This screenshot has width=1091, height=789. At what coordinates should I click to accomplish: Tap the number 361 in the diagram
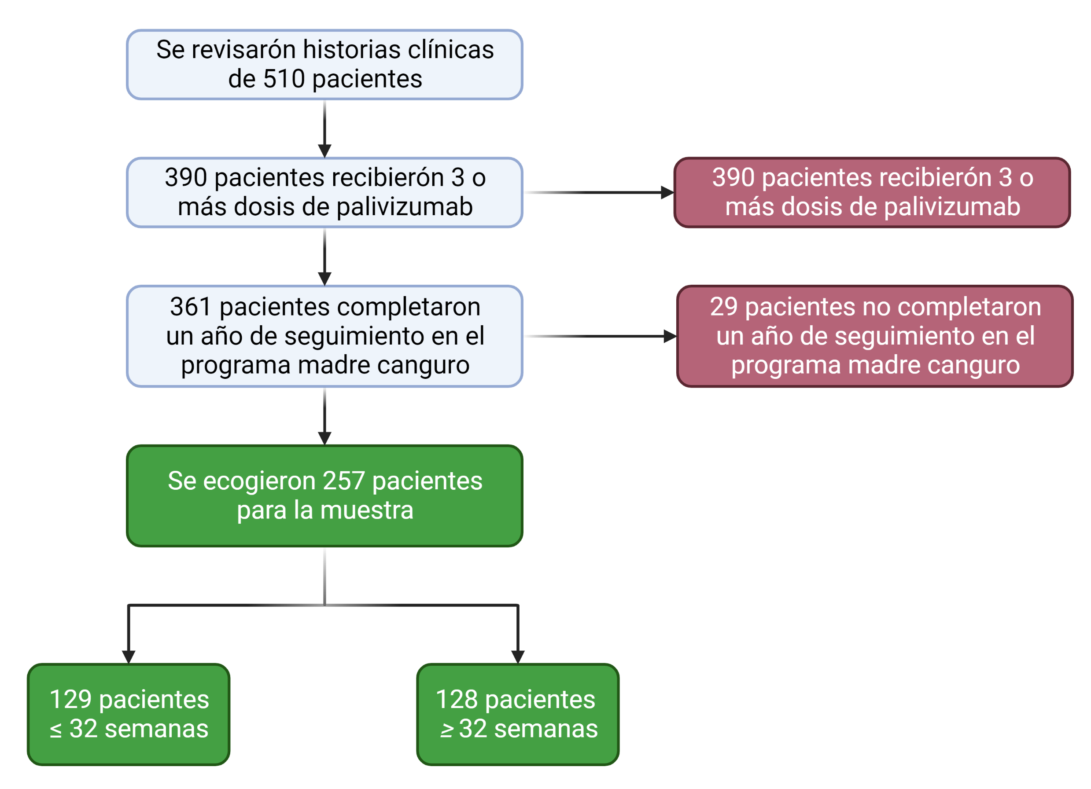(x=191, y=307)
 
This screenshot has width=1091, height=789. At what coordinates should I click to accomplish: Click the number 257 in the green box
(x=343, y=481)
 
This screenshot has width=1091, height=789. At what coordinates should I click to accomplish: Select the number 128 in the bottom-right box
(x=457, y=700)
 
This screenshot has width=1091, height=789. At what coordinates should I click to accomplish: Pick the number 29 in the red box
(x=723, y=307)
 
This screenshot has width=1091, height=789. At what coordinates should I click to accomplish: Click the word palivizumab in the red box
(x=951, y=207)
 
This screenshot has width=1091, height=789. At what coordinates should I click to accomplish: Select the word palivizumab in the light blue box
(x=404, y=207)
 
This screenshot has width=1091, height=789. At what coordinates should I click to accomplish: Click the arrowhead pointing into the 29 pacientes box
(x=670, y=337)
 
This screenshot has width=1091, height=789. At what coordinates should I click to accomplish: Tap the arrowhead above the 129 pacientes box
(x=129, y=657)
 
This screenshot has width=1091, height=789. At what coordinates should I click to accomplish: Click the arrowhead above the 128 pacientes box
(x=518, y=657)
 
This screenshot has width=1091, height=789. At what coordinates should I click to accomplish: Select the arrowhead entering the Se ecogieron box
(x=325, y=438)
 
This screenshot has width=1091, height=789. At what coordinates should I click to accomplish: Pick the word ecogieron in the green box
(x=259, y=481)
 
